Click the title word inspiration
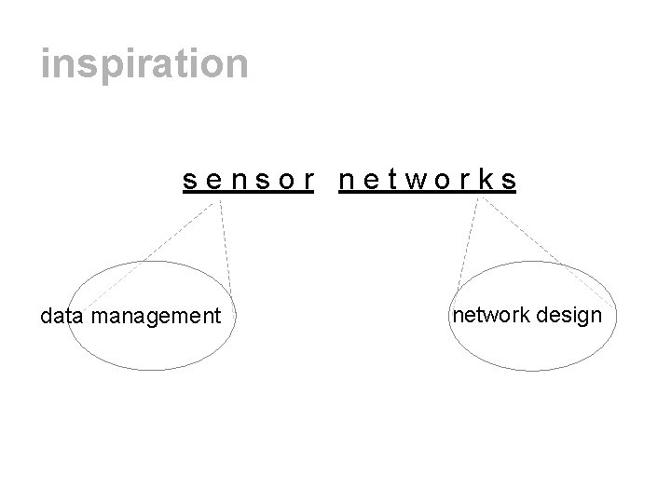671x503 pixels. click(x=144, y=64)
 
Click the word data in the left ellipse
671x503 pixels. click(x=62, y=317)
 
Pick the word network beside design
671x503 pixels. click(x=491, y=315)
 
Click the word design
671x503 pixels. click(x=568, y=316)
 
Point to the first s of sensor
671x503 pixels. click(x=189, y=181)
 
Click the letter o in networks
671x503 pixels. click(x=443, y=181)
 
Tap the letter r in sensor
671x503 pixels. click(x=305, y=181)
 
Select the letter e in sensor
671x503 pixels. click(x=212, y=181)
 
